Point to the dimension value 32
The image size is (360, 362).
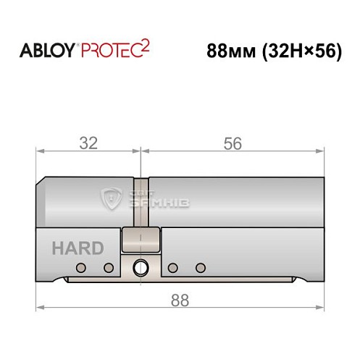88,143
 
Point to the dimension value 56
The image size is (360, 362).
232,143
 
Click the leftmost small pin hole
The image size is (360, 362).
81,268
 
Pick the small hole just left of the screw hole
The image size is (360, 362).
109,268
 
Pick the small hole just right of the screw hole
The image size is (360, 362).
173,268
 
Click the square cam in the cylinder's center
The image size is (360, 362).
141,238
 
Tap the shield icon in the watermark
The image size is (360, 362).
114,197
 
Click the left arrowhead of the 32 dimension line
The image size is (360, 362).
40,152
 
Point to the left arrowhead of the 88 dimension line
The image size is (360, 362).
40,307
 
